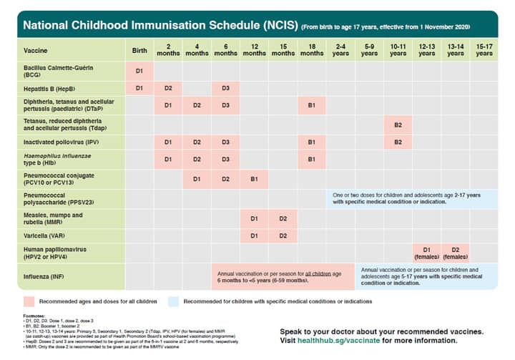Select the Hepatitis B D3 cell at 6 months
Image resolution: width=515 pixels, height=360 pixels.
pyautogui.click(x=225, y=88)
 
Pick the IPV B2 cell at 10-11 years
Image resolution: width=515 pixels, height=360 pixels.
pyautogui.click(x=398, y=142)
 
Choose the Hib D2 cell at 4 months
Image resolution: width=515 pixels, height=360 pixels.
pyautogui.click(x=197, y=159)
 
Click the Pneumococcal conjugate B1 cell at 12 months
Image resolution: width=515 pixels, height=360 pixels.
pyautogui.click(x=254, y=178)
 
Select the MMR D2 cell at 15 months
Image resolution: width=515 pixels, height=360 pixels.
pyautogui.click(x=283, y=218)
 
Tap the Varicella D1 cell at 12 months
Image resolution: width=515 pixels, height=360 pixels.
pyautogui.click(x=254, y=235)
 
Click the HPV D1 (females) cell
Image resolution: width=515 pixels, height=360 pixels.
pyautogui.click(x=426, y=252)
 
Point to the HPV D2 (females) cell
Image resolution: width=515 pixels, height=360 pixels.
pyautogui.click(x=455, y=252)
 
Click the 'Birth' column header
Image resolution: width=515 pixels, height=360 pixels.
pyautogui.click(x=139, y=50)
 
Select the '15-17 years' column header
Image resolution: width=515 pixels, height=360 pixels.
pyautogui.click(x=484, y=50)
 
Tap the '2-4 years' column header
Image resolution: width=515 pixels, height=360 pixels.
pyautogui.click(x=340, y=50)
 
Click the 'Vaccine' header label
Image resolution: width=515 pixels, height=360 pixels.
pyautogui.click(x=35, y=51)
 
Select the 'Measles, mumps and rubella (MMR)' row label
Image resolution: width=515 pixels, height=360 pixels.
pyautogui.click(x=54, y=218)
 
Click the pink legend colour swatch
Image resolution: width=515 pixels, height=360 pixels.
pyautogui.click(x=30, y=301)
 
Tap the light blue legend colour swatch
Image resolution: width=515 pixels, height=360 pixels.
pyautogui.click(x=175, y=301)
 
